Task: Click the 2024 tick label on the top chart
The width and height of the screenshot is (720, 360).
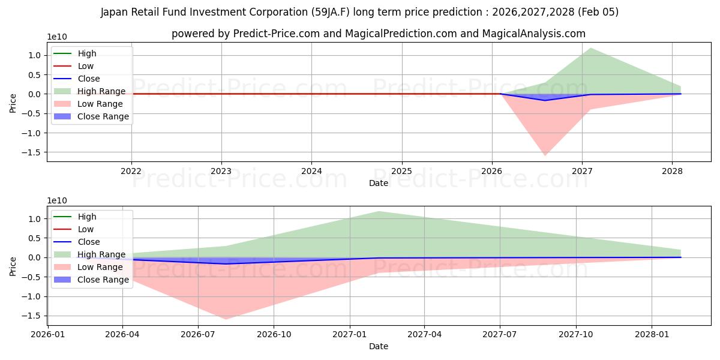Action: point(311,171)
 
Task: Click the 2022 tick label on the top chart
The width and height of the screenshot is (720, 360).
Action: point(131,171)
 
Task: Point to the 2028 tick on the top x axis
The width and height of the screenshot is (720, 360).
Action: point(672,171)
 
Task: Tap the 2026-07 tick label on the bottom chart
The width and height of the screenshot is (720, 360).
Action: point(198,334)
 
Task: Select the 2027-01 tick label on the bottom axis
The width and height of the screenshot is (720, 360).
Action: point(350,334)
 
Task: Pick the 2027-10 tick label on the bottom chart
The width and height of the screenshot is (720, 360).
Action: point(576,334)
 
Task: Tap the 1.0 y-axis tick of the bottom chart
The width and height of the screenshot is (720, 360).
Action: point(35,219)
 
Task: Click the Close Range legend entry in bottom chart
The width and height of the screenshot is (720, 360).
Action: point(103,280)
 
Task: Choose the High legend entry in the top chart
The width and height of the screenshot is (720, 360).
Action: point(87,53)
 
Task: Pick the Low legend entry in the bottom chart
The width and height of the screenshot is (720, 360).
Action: point(86,229)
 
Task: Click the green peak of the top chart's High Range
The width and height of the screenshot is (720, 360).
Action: point(591,48)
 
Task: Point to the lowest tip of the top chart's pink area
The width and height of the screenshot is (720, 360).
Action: point(545,155)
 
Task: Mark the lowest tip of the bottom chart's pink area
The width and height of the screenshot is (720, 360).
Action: point(226,319)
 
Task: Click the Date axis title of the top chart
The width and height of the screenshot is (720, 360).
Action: point(378,183)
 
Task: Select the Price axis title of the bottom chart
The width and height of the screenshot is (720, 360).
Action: point(13,266)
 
